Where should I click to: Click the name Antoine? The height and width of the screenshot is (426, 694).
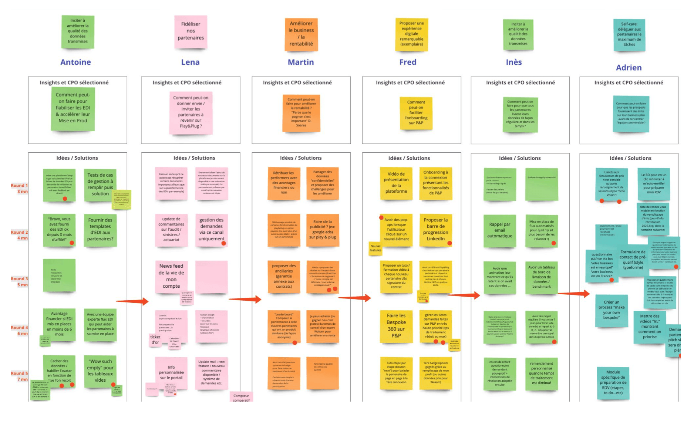(75, 62)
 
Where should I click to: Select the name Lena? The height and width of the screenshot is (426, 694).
(190, 62)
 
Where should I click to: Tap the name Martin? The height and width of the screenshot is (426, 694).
(301, 62)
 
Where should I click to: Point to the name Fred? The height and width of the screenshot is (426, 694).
(408, 62)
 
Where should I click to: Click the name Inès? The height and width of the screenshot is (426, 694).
(514, 62)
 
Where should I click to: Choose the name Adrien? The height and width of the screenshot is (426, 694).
(629, 68)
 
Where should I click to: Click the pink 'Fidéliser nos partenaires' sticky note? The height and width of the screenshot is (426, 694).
(191, 32)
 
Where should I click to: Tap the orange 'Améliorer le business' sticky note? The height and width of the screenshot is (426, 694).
(301, 34)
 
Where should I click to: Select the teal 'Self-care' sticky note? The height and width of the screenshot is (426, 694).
(629, 34)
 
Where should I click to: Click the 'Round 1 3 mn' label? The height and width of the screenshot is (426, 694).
(19, 188)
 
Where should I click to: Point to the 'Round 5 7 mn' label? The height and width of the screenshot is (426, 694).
(19, 376)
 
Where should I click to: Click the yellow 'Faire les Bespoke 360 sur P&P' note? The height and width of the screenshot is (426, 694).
(396, 326)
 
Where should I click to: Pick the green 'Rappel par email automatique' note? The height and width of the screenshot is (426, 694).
(499, 231)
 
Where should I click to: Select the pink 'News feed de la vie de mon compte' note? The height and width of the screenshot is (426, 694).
(171, 276)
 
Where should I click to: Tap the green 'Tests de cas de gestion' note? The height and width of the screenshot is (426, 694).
(100, 185)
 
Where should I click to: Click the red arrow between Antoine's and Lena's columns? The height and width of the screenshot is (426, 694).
(132, 301)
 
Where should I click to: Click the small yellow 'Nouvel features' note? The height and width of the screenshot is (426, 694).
(375, 248)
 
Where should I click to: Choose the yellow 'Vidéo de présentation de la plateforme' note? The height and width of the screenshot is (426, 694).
(396, 183)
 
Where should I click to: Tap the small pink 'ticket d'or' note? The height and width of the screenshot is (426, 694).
(155, 339)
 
